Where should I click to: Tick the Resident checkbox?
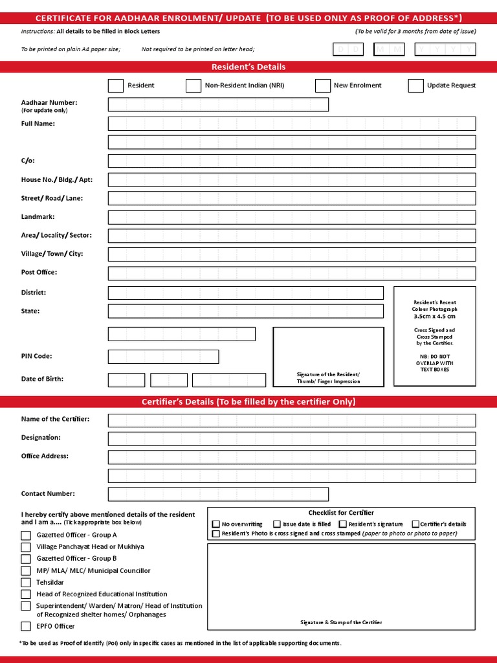click(x=115, y=85)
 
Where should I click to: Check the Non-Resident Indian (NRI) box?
click(x=193, y=85)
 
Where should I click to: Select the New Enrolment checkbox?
click(x=322, y=85)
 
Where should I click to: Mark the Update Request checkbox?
click(x=415, y=85)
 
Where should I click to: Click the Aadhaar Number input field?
click(x=218, y=105)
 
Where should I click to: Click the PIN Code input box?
click(x=163, y=357)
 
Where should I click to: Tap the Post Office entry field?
click(x=291, y=273)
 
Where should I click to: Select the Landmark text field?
click(x=291, y=218)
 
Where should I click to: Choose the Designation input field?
click(x=291, y=439)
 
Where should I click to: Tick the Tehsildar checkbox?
click(x=26, y=583)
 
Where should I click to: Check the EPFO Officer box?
click(x=26, y=626)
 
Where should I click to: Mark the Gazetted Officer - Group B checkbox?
click(x=26, y=559)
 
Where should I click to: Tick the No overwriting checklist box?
click(x=216, y=524)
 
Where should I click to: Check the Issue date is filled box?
click(x=277, y=524)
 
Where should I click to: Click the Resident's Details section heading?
click(x=248, y=67)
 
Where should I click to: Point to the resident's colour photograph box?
click(x=434, y=336)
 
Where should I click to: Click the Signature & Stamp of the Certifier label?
click(x=340, y=622)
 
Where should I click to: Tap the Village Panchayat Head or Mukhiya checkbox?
click(x=26, y=547)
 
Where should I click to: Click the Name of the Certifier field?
click(x=291, y=421)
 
